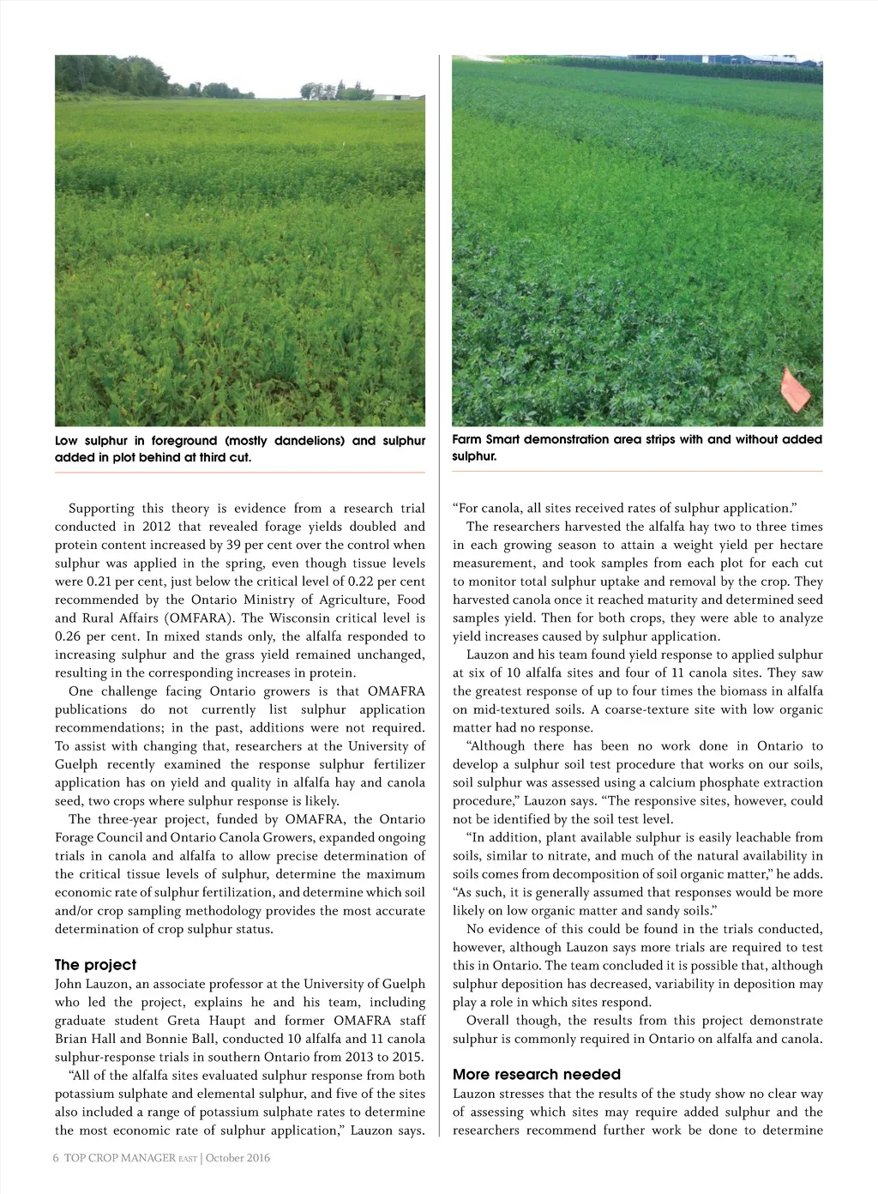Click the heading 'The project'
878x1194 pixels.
[x=95, y=965]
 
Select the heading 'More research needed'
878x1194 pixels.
[x=537, y=1075]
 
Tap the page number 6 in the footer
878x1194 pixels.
[x=56, y=1158]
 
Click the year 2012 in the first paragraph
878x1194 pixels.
[x=157, y=527]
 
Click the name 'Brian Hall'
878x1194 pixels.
[x=85, y=1039]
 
